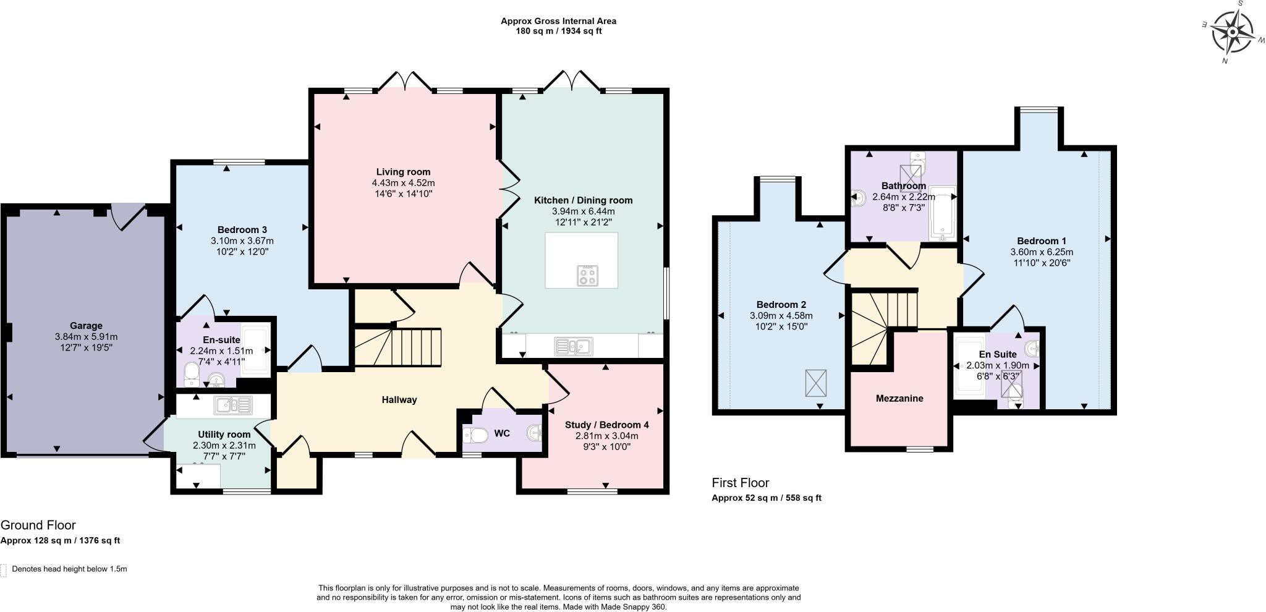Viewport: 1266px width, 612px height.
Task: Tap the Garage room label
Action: coord(86,326)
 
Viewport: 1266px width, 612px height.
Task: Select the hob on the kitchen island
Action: coord(587,276)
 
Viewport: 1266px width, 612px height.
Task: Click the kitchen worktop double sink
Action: coord(574,346)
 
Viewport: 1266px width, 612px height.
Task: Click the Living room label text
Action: coord(403,172)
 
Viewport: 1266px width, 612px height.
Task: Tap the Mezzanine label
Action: coord(899,398)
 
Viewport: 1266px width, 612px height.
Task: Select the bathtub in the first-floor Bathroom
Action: coord(942,213)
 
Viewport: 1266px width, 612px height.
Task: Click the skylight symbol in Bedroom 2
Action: coord(815,383)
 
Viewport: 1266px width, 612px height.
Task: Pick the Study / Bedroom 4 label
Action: coord(606,425)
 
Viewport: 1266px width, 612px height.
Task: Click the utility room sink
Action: coord(233,406)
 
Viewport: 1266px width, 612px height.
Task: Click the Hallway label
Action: coord(399,399)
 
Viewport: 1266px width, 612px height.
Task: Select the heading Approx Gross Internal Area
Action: coord(558,21)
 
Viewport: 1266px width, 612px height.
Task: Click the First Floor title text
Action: coord(740,482)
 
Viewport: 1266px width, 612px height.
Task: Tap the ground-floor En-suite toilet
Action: coord(191,373)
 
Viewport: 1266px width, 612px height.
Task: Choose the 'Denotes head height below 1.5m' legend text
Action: coord(69,569)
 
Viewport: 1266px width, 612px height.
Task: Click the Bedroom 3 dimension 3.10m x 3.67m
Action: coord(242,240)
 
